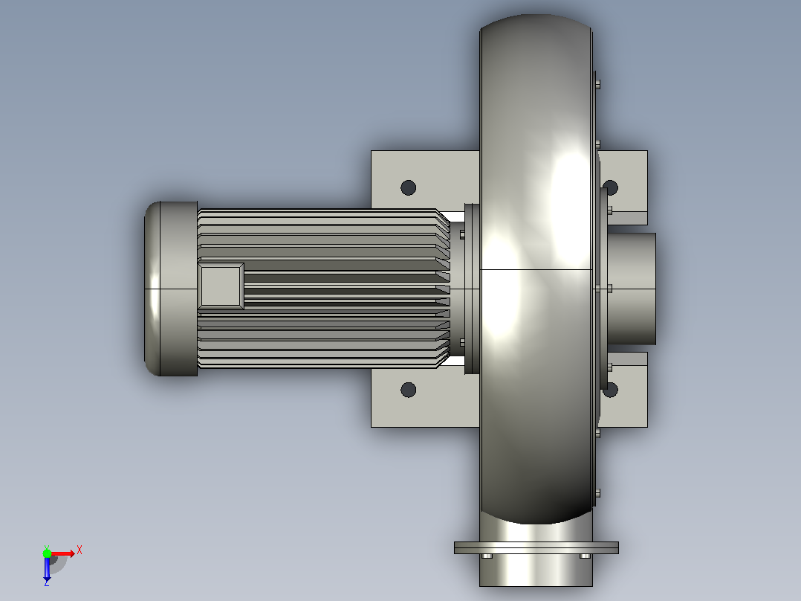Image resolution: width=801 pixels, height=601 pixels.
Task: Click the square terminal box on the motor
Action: tap(221, 286)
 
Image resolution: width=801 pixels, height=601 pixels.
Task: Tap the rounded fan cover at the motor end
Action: tap(171, 289)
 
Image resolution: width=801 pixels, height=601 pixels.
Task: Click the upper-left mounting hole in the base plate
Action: tap(408, 187)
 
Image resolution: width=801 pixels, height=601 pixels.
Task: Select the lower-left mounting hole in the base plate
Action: tap(408, 390)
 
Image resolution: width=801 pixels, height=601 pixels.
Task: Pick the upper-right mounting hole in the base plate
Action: tap(612, 187)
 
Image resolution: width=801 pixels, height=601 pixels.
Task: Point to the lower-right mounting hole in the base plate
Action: tap(612, 390)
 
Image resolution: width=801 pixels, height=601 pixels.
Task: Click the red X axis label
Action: tap(80, 550)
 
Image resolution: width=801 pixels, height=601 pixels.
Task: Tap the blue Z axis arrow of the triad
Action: tap(47, 568)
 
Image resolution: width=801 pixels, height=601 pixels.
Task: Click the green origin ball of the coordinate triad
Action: tap(47, 553)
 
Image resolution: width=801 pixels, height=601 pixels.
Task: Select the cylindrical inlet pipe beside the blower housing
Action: tap(632, 289)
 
